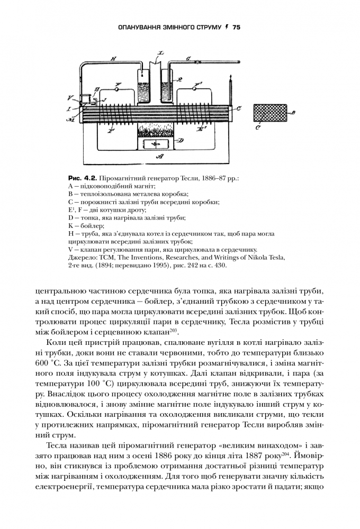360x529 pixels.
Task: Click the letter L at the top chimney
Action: [x=161, y=54]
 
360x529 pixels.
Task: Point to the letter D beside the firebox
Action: [x=181, y=140]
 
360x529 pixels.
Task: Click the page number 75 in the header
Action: [x=236, y=26]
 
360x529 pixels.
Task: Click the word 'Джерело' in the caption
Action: [x=81, y=258]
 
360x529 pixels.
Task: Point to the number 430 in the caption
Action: [x=221, y=266]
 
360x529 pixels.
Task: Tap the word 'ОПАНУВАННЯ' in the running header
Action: [x=140, y=26]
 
